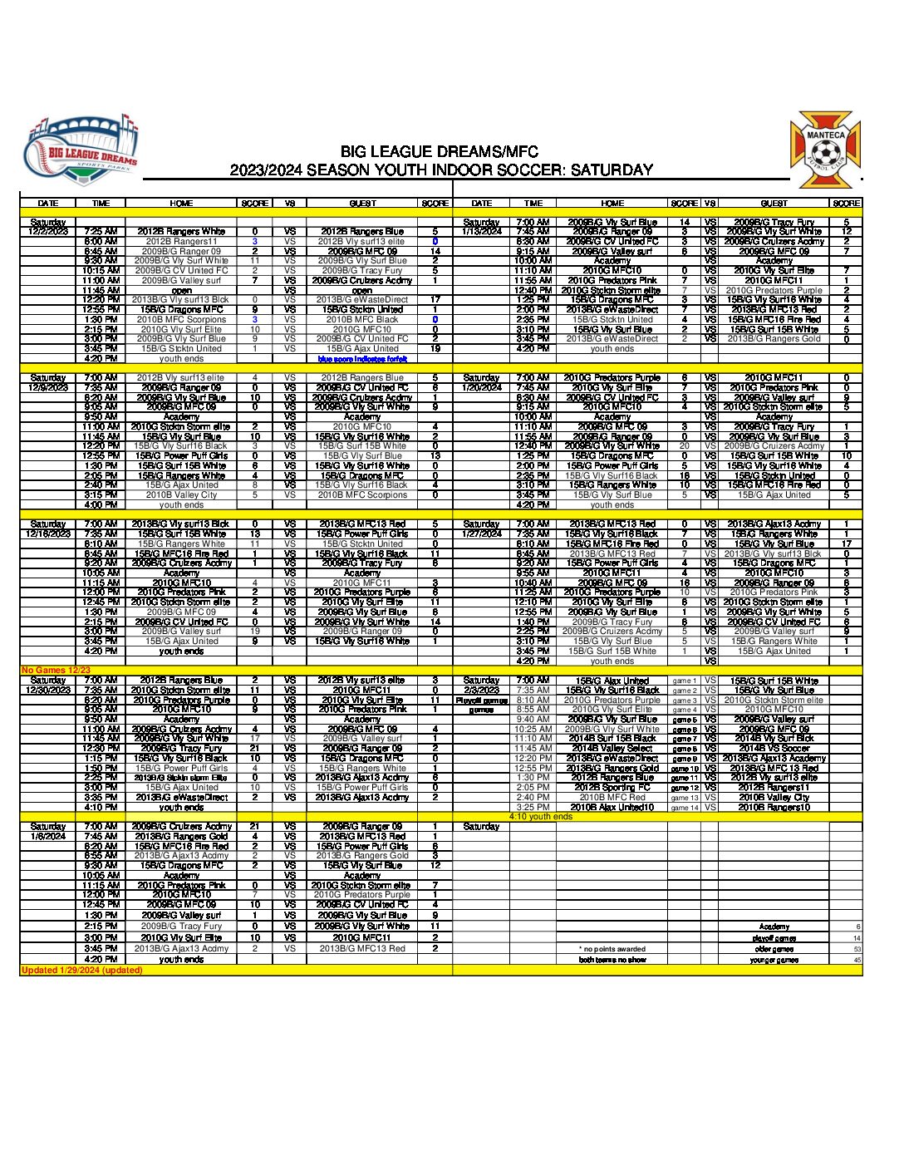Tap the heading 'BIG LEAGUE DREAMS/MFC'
click(439, 152)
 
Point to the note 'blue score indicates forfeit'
click(362, 359)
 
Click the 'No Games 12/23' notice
click(56, 671)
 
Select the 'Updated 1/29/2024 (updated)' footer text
click(81, 970)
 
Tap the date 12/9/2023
click(48, 387)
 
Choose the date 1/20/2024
click(481, 387)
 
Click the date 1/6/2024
click(48, 836)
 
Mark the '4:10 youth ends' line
click(540, 817)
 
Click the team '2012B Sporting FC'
click(612, 787)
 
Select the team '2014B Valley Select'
click(612, 748)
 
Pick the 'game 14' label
click(685, 807)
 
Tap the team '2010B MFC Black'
click(362, 319)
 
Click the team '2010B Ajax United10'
click(612, 807)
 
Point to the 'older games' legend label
click(774, 949)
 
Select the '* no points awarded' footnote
click(612, 949)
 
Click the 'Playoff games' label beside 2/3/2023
click(481, 701)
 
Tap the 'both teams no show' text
click(612, 960)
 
